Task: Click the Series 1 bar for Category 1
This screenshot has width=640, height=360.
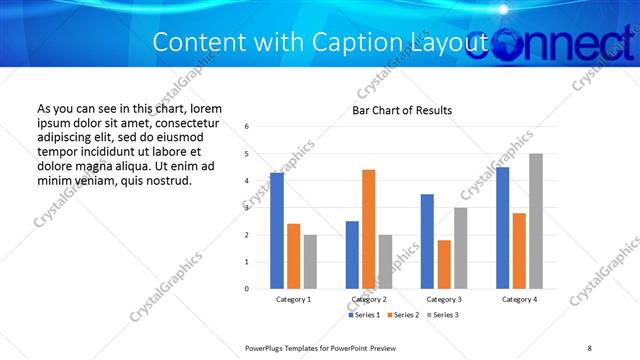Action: coord(277,230)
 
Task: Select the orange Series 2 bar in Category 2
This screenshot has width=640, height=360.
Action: coord(369,229)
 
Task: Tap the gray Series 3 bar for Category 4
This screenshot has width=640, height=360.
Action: coord(536,221)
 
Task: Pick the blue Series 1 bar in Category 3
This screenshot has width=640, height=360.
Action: coord(428,241)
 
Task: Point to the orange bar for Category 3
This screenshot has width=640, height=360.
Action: coord(445,264)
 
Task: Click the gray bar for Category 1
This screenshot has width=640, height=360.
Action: coord(310,261)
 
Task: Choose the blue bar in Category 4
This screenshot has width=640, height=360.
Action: coord(503,227)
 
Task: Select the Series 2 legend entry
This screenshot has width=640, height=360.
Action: coord(402,315)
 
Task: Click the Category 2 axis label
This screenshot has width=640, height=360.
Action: coord(369,300)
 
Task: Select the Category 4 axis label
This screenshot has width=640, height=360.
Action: coord(520,300)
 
